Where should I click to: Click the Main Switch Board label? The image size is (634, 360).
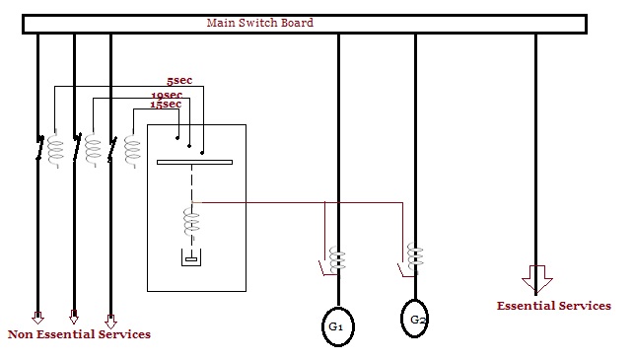tap(261, 22)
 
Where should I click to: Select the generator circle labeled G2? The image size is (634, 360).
tap(416, 319)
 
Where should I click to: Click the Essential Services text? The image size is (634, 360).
tap(553, 306)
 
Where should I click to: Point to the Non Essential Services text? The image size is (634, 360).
tap(79, 334)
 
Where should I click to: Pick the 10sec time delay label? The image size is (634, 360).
tap(167, 95)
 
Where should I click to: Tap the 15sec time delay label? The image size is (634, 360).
tap(165, 104)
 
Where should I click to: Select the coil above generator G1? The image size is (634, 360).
tap(337, 258)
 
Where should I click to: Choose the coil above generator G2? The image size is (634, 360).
tap(415, 256)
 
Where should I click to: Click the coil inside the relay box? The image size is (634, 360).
tap(190, 222)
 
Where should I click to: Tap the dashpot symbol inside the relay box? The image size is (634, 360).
tap(190, 258)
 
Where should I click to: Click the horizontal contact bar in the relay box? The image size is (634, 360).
tap(194, 162)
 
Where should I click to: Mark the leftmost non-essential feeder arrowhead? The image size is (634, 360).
tap(37, 319)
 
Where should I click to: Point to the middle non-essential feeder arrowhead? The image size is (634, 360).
tap(74, 318)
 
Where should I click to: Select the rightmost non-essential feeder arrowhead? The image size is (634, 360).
tap(110, 321)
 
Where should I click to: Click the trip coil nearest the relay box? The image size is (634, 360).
tap(132, 151)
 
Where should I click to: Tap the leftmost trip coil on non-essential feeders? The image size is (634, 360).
tap(55, 150)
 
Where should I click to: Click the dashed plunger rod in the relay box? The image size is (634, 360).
tap(191, 185)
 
